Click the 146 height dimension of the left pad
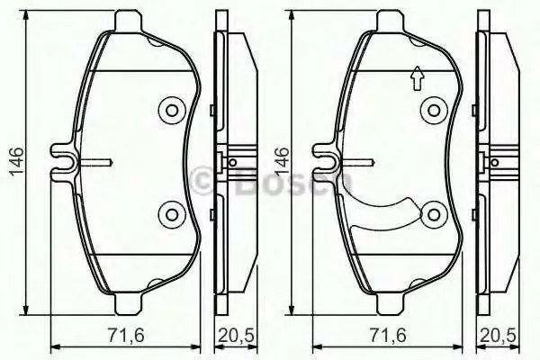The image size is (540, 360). pos(16,162)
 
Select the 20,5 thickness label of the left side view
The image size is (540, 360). pos(236,336)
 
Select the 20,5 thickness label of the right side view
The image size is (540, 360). pos(499,336)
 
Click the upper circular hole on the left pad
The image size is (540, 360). pos(172,111)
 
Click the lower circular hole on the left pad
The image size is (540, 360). pos(172,214)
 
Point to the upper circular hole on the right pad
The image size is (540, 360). pos(434,111)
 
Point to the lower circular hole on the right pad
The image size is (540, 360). pos(434,214)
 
